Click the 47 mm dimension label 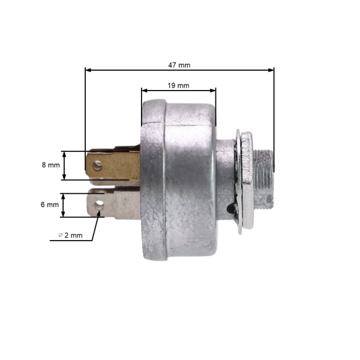click(x=179, y=64)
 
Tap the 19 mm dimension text click(x=178, y=85)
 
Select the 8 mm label click(x=51, y=165)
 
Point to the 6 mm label click(x=50, y=204)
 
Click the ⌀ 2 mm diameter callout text click(x=71, y=235)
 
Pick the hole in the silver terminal click(x=98, y=202)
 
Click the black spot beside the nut click(x=230, y=209)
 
